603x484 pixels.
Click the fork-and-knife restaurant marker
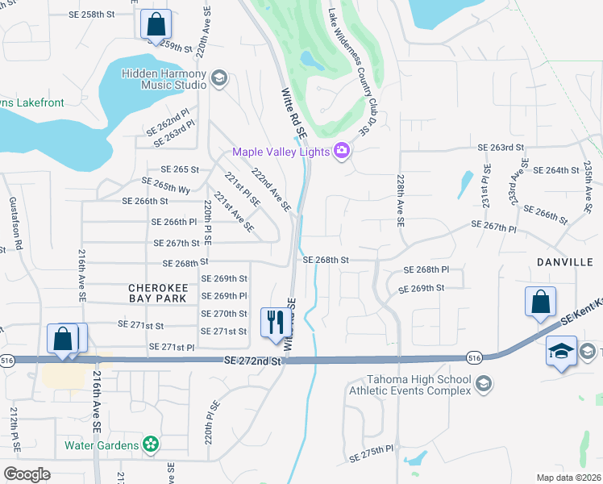(x=277, y=322)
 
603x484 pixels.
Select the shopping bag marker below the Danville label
(x=540, y=302)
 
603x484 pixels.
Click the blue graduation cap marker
(x=561, y=352)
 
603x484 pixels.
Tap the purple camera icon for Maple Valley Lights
(x=342, y=152)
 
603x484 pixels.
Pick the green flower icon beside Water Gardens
(x=149, y=444)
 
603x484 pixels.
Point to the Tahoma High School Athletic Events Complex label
(x=409, y=386)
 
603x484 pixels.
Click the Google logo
(x=27, y=474)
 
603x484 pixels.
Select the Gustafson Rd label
(x=13, y=223)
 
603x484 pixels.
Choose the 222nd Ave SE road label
(x=271, y=190)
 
